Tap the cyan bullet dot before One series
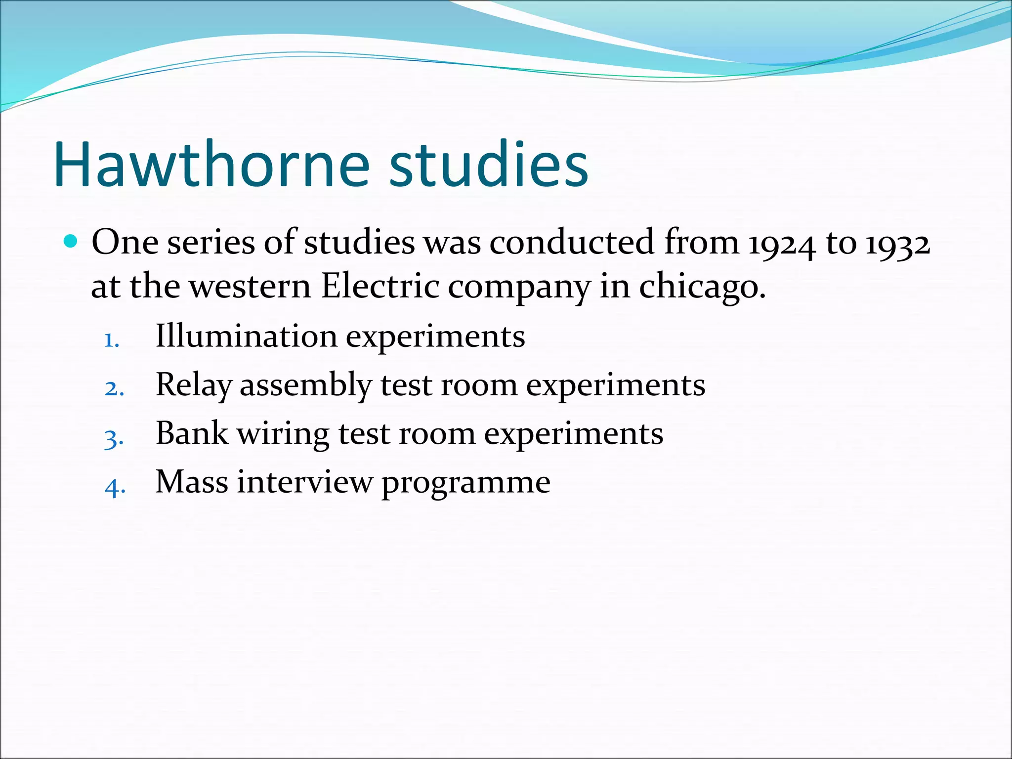71,242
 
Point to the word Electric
380,287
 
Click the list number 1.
111,340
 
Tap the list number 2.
113,389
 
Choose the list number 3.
113,438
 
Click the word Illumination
246,337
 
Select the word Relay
193,385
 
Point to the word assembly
305,385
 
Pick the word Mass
192,482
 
